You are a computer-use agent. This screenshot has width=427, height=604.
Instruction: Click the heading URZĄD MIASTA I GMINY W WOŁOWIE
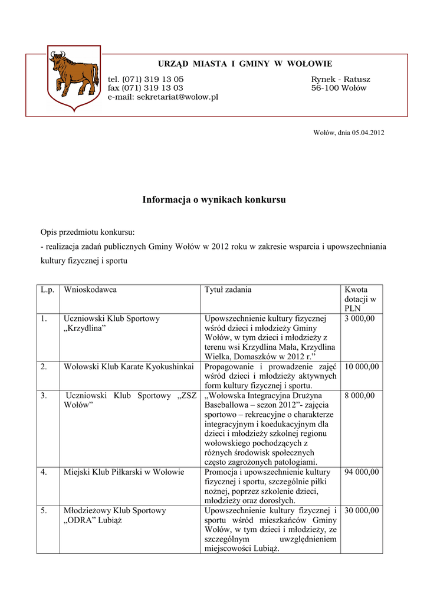[x=244, y=64]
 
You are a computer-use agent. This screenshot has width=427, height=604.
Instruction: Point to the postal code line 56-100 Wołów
[x=339, y=88]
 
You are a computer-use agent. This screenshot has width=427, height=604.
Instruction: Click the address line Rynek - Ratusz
[x=341, y=79]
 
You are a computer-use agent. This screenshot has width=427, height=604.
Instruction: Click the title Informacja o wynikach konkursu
[x=213, y=199]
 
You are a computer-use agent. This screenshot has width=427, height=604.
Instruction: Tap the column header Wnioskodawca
[x=90, y=290]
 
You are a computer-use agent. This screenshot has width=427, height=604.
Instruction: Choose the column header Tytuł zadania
[x=228, y=290]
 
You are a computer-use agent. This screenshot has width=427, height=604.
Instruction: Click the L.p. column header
[x=47, y=290]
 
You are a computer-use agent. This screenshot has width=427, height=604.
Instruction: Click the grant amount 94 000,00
[x=362, y=472]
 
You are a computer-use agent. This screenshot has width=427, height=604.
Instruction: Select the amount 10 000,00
[x=362, y=366]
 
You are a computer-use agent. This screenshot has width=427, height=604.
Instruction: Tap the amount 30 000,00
[x=362, y=510]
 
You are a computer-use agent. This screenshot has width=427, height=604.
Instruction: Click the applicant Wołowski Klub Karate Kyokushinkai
[x=129, y=366]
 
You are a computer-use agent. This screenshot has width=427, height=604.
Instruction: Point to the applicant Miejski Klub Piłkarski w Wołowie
[x=124, y=472]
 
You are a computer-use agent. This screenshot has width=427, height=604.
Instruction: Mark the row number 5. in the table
[x=44, y=510]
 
